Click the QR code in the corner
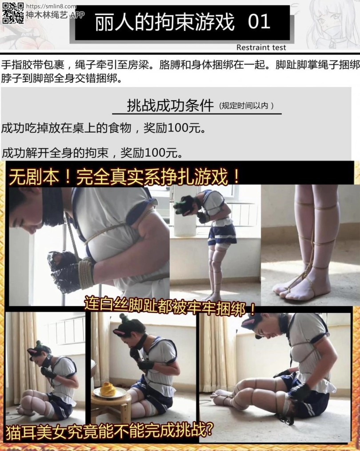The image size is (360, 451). [x=13, y=13]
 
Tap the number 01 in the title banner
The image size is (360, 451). [x=259, y=22]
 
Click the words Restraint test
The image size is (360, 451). [x=261, y=48]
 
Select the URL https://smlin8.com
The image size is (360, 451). [x=51, y=6]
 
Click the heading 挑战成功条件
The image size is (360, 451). [x=170, y=105]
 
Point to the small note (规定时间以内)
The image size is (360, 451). [x=246, y=106]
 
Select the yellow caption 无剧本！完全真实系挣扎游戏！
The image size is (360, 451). [x=124, y=177]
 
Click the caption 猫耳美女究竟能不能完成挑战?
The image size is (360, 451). [x=109, y=431]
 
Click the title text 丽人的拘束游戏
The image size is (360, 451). [x=164, y=22]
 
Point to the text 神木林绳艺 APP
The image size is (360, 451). [x=55, y=15]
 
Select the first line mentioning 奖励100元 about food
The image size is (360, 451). [x=104, y=128]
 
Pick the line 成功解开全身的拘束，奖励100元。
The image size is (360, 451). [x=92, y=153]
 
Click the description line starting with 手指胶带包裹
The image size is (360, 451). [x=180, y=65]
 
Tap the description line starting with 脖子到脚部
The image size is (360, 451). [x=62, y=78]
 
